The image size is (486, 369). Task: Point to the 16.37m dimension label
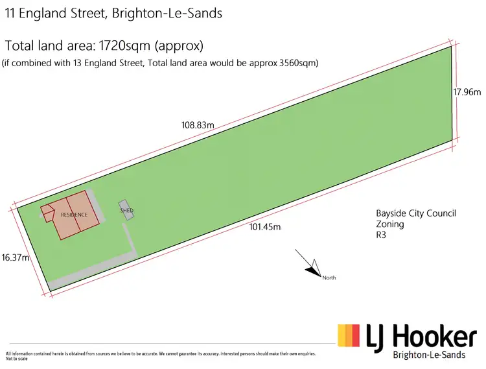coord(16,257)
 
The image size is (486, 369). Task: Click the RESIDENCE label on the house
coord(74,215)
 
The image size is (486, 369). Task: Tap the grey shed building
coord(126,210)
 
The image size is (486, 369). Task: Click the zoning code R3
coord(382,236)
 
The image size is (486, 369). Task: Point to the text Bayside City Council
coord(416,213)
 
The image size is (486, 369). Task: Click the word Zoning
coord(390,224)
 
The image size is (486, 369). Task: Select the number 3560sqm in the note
coord(295,63)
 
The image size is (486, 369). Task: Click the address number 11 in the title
coord(10,13)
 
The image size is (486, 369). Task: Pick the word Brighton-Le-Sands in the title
coord(167,13)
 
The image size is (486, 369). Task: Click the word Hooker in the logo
coord(436,337)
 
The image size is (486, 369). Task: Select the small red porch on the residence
coord(47,213)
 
